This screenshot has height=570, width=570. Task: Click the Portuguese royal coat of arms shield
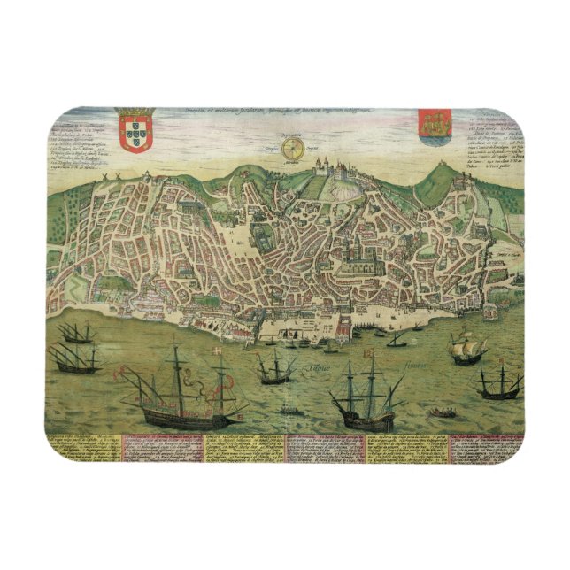tap(135, 132)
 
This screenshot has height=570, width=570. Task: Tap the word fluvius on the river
tap(414, 364)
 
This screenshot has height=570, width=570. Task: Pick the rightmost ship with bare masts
tap(498, 382)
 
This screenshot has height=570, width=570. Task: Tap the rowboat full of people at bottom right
tap(442, 412)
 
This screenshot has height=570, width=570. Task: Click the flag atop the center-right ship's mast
tap(369, 357)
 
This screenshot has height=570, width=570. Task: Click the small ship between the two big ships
tap(276, 366)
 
